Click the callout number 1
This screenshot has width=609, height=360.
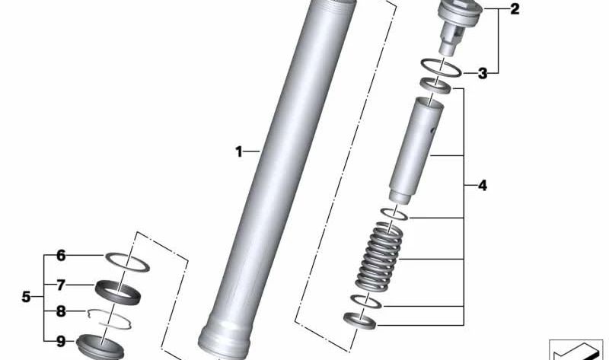point(238,152)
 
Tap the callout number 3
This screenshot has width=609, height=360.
point(482,74)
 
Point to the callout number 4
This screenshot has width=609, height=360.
point(482,185)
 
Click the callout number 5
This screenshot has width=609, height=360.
point(27,297)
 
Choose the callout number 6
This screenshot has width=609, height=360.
point(62,256)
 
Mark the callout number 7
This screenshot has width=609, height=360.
point(62,285)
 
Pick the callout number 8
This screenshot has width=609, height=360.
point(62,311)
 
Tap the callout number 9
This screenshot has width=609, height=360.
point(62,341)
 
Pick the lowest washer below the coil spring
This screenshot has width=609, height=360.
point(359,320)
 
